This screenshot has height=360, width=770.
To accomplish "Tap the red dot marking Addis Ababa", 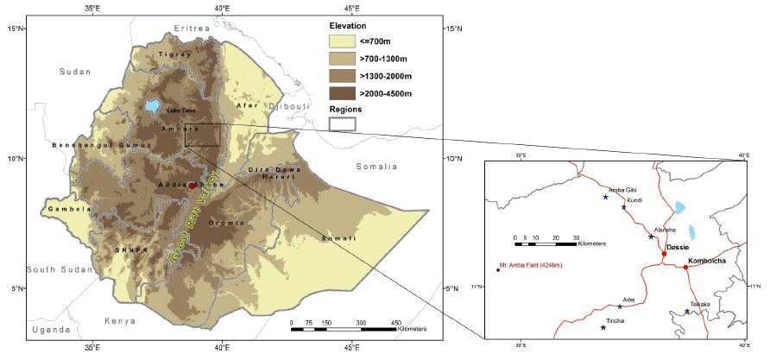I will [x=192, y=186].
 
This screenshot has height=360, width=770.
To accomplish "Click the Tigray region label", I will [x=175, y=54].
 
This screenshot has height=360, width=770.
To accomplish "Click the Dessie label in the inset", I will [x=678, y=249].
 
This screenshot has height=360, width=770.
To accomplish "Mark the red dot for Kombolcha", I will [x=685, y=267].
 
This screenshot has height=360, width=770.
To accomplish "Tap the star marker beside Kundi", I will [x=623, y=207].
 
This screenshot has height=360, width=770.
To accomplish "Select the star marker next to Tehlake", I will [x=687, y=312].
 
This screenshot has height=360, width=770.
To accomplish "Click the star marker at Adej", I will [x=620, y=306].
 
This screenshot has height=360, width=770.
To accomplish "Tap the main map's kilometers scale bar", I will [x=344, y=329].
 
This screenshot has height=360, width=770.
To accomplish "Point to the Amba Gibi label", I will [x=622, y=189].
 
